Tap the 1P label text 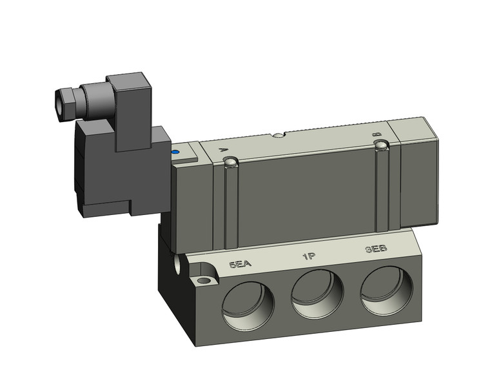pos(308,257)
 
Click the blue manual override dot pos(175,153)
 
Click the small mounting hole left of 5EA pos(206,281)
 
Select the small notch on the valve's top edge pos(277,136)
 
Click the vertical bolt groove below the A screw pos(230,207)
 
